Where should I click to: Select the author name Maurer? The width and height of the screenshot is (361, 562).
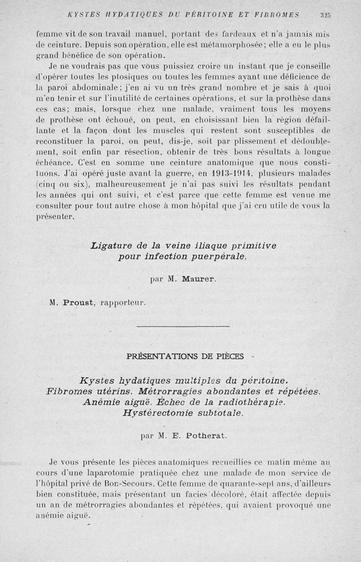tap(199, 279)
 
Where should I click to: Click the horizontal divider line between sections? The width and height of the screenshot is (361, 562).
tap(182, 325)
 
